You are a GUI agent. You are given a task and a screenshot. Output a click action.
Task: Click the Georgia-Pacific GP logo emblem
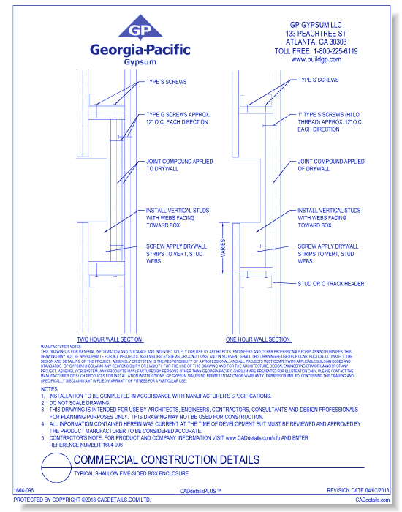click(140, 30)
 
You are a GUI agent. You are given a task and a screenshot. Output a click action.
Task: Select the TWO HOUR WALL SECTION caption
click(110, 339)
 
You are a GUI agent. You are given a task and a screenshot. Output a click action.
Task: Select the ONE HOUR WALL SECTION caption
click(258, 339)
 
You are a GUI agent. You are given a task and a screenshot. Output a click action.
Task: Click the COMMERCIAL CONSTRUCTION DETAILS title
click(166, 460)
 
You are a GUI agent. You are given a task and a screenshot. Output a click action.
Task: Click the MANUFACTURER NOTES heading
click(59, 346)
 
